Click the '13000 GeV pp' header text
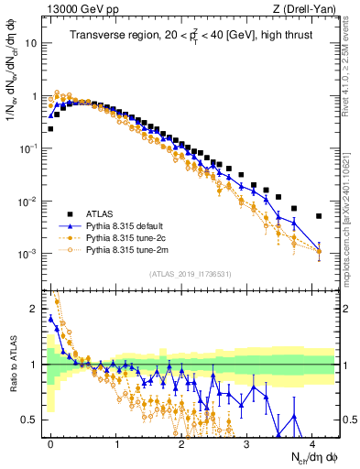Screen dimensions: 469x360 click(72, 10)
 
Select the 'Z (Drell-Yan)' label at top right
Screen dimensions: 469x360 click(307, 10)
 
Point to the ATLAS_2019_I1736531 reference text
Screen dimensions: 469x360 click(191, 273)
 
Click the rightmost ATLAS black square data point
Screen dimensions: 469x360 click(318, 216)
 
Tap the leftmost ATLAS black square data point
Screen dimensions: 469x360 click(50, 129)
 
